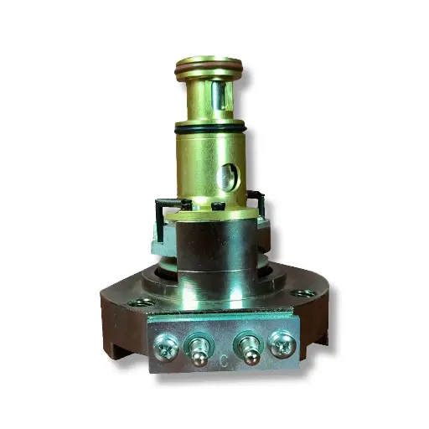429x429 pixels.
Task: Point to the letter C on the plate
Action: pyautogui.click(x=225, y=362)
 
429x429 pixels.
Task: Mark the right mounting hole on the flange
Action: pyautogui.click(x=303, y=293)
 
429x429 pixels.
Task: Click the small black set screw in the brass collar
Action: pyautogui.click(x=217, y=205)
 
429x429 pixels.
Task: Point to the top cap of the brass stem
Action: pyautogui.click(x=209, y=60)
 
